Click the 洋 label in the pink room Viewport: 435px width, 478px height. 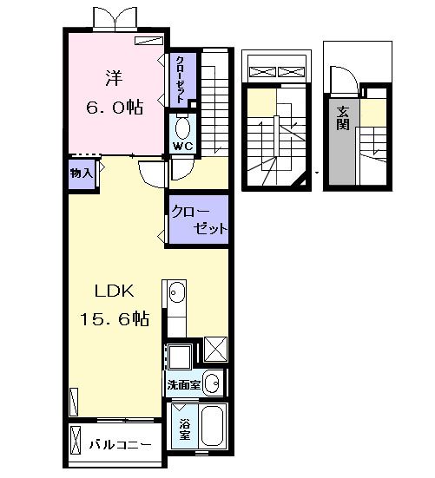114,78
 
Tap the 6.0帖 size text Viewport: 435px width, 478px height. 115,107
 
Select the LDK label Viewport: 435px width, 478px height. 115,291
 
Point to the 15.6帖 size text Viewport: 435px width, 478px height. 115,319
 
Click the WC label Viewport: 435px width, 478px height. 183,147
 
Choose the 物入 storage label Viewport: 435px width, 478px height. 81,174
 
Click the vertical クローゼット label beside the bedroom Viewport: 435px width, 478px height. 181,79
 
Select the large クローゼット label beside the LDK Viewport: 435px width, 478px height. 200,219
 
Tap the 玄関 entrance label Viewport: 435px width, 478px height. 343,118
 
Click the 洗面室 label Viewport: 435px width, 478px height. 184,385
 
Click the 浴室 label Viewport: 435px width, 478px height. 185,429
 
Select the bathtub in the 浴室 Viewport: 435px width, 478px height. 213,426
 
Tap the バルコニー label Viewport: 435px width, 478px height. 120,445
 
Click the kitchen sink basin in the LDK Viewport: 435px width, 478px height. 177,292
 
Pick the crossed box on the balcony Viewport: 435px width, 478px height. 76,441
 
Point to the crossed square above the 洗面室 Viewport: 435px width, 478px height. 215,350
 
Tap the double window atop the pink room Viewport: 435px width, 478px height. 115,18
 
